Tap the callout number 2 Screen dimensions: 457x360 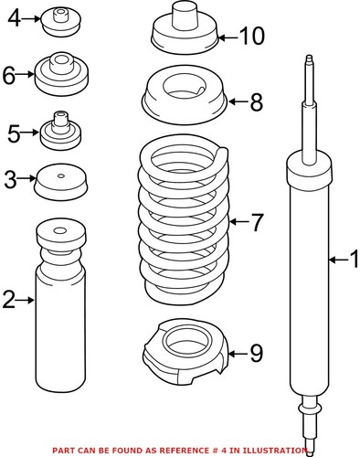pyautogui.click(x=9, y=299)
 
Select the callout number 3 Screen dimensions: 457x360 pyautogui.click(x=10, y=179)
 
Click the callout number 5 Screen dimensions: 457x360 pyautogui.click(x=12, y=134)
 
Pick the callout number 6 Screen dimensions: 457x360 pyautogui.click(x=10, y=76)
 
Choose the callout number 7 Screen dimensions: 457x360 pyautogui.click(x=257, y=220)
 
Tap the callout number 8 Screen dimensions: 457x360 pyautogui.click(x=256, y=101)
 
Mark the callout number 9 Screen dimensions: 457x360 pyautogui.click(x=256, y=351)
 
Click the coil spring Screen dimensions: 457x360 pyautogui.click(x=184, y=219)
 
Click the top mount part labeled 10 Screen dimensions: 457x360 pyautogui.click(x=183, y=32)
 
